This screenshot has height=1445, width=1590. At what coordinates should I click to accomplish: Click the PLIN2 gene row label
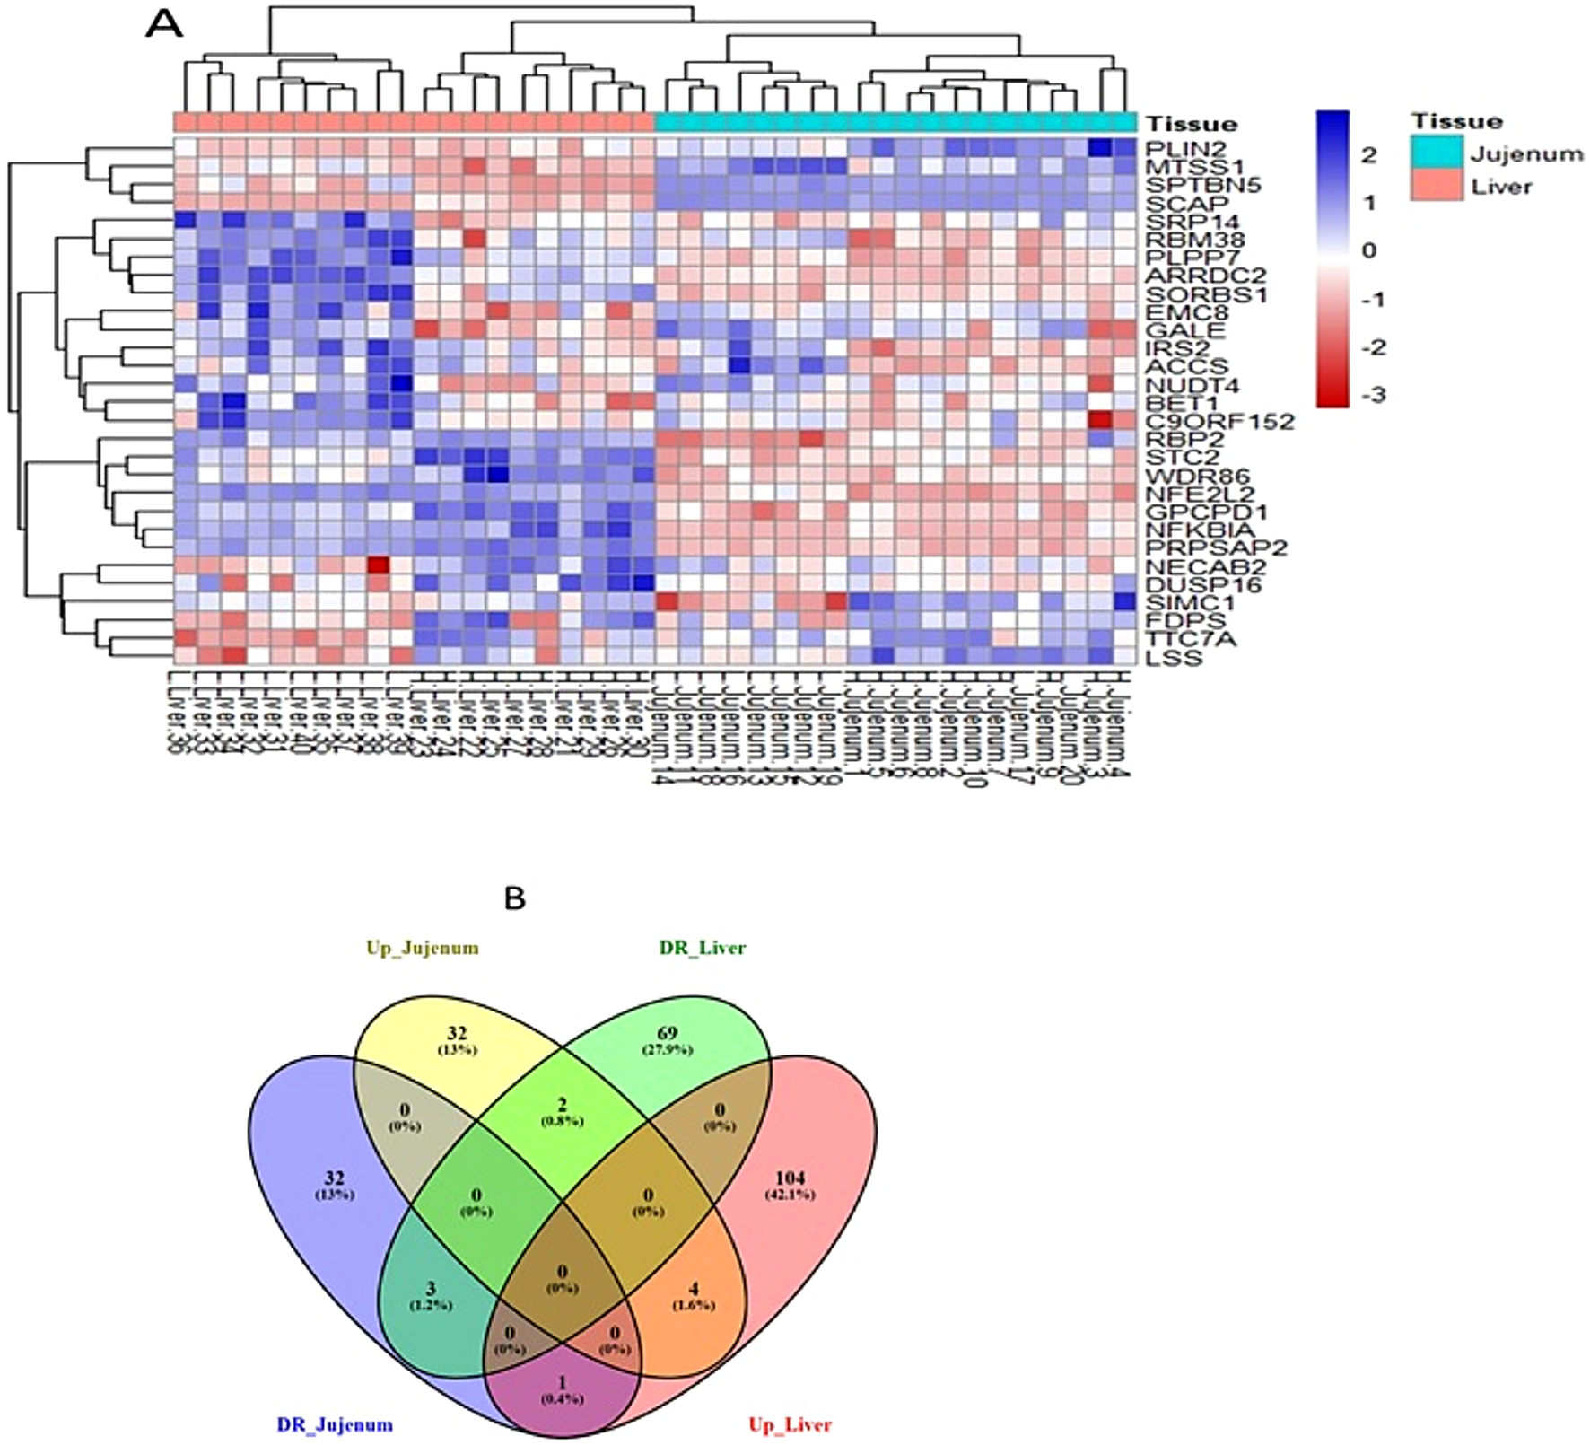1184,148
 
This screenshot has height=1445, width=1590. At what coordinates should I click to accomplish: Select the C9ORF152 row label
1219,421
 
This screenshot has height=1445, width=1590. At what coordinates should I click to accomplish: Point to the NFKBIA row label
1200,530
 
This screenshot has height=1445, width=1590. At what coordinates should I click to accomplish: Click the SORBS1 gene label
1206,294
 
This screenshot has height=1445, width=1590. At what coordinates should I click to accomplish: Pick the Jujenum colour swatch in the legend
1435,153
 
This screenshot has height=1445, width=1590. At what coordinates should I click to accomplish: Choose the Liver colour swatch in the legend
1435,187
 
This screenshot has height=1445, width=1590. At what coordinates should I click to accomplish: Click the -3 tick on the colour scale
1373,395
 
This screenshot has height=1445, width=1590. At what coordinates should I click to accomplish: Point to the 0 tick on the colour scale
1367,250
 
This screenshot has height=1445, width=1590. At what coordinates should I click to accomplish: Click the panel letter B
514,898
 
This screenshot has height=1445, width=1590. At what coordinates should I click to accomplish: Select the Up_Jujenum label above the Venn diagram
422,948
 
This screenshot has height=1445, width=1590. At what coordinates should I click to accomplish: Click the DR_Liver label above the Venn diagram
703,948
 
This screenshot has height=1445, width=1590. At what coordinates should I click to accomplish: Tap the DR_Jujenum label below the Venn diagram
335,1424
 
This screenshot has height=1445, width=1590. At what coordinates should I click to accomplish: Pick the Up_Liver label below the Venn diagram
790,1424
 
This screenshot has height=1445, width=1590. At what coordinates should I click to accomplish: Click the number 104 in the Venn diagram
790,1178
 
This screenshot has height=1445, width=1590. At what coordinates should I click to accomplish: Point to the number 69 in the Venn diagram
668,1034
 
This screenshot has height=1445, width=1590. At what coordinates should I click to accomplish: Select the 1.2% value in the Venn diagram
432,1305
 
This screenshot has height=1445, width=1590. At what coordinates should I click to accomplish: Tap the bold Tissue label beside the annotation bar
1191,124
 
